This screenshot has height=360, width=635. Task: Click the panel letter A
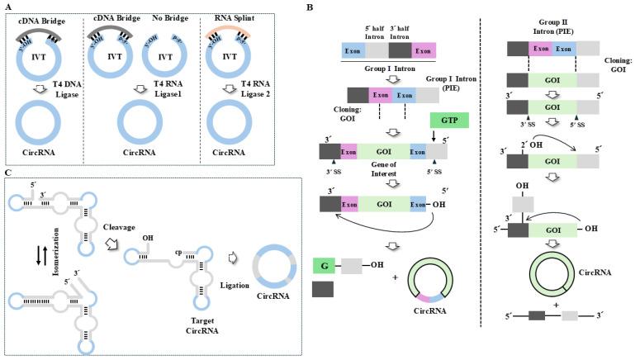[7, 7]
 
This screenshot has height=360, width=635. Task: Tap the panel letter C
[7, 172]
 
